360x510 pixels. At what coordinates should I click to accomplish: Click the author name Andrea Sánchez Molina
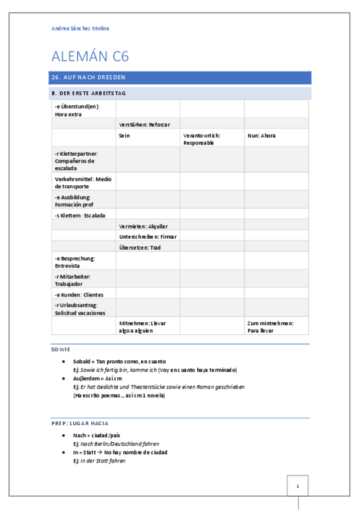[81, 28]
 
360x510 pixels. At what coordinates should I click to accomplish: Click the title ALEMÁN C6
[90, 57]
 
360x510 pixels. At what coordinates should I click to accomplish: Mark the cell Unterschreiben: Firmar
[147, 237]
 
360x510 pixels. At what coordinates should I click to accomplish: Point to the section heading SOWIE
[61, 349]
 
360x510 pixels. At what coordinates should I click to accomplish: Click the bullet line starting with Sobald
[115, 361]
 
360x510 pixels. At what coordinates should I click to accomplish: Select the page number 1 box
[298, 486]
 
